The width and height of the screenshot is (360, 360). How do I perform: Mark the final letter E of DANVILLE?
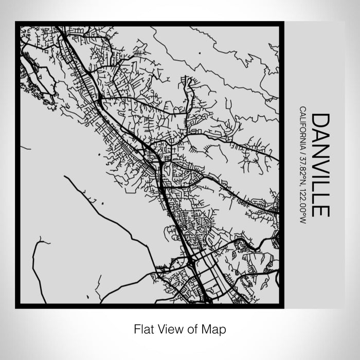pyautogui.click(x=320, y=210)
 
